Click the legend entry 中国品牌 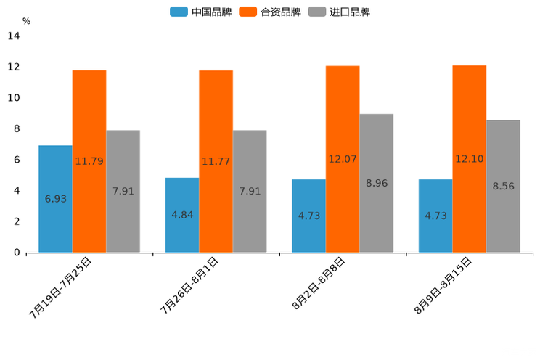pos(201,12)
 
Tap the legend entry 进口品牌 pos(339,12)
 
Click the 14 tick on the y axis pos(13,36)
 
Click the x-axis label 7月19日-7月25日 pos(60,287)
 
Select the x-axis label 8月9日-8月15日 pos(443,285)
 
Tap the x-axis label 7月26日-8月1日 pos(189,285)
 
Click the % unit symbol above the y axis pos(26,22)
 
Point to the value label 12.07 pos(343,159)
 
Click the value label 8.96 pos(377,184)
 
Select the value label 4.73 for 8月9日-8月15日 pos(435,216)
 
